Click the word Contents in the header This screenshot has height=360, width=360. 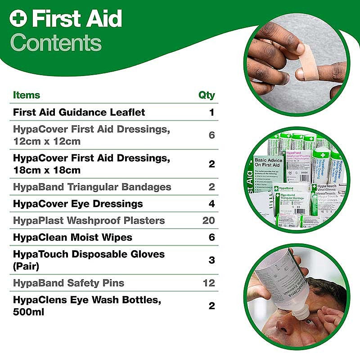(x=55, y=43)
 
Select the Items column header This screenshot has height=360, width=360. (x=27, y=95)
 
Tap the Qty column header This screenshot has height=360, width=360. (x=207, y=95)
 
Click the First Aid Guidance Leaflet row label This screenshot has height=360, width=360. (x=79, y=112)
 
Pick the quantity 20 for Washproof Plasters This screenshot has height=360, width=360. (x=208, y=220)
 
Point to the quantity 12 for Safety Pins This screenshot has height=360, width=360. (x=209, y=283)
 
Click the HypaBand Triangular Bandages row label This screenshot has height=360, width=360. (x=92, y=187)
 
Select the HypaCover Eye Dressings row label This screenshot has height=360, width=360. (x=78, y=204)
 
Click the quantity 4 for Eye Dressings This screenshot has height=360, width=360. (x=211, y=204)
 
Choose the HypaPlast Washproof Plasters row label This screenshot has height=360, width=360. (x=89, y=220)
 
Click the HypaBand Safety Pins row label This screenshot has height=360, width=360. (x=68, y=283)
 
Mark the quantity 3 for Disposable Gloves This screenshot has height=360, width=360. (x=211, y=260)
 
